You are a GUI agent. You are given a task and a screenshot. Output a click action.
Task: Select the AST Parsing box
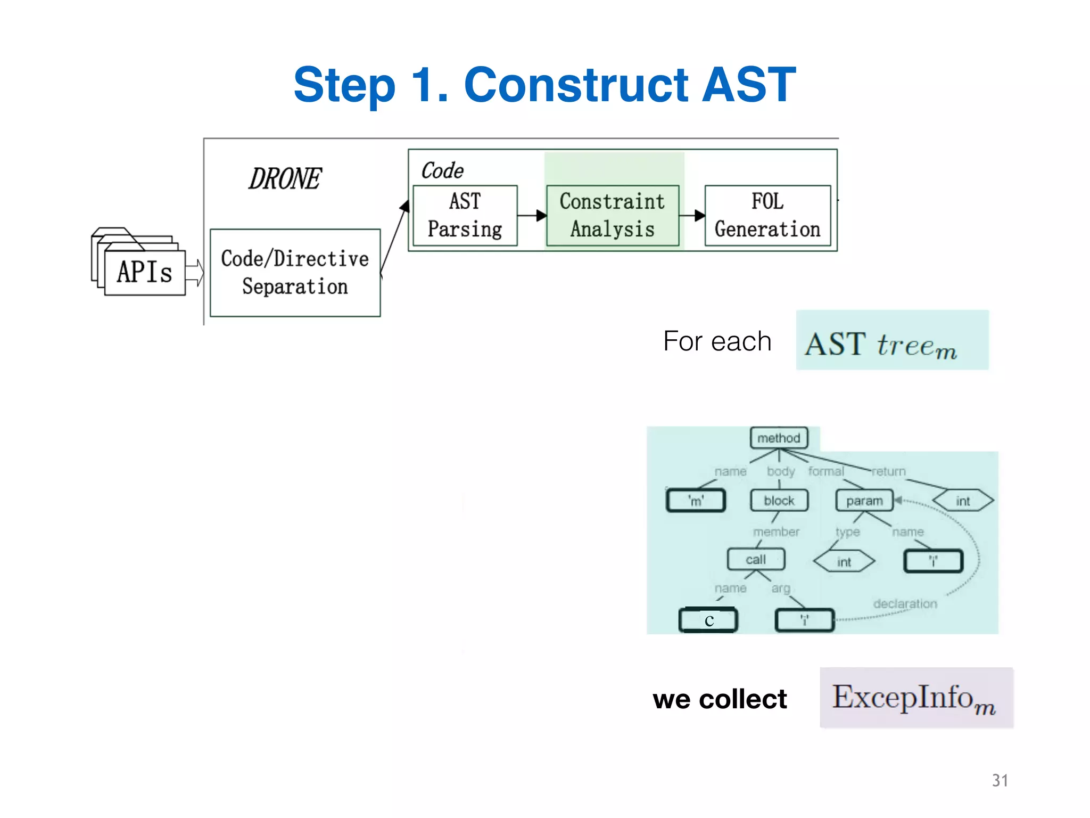(x=465, y=215)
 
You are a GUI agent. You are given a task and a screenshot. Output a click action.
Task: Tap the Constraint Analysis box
(x=612, y=215)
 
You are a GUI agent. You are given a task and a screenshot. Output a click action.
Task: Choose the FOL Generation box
(x=767, y=215)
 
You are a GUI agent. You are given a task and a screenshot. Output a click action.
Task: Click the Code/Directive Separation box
(x=295, y=273)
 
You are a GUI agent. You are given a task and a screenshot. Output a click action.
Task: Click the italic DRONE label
(x=285, y=178)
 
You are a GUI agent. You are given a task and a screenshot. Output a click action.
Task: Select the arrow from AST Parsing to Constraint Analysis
(x=532, y=215)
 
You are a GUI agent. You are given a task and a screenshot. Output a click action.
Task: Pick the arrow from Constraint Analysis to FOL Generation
(x=692, y=215)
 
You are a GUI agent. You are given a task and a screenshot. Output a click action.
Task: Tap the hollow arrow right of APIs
(x=195, y=273)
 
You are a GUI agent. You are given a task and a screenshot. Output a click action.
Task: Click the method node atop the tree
(x=779, y=438)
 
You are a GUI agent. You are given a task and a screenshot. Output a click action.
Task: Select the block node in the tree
(x=779, y=501)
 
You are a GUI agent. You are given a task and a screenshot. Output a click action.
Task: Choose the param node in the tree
(x=864, y=501)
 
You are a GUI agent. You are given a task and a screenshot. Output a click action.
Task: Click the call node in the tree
(x=756, y=559)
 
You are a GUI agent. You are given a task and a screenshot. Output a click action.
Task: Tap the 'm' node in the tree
(x=696, y=501)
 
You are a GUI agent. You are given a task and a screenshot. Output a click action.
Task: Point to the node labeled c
(x=708, y=620)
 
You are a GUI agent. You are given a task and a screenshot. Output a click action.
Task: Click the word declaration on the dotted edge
(x=905, y=603)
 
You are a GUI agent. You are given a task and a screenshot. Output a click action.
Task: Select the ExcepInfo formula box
(x=916, y=697)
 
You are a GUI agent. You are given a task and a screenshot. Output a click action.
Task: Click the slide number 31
(x=1000, y=780)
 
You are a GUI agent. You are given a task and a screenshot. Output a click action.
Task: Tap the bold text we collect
(x=720, y=699)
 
